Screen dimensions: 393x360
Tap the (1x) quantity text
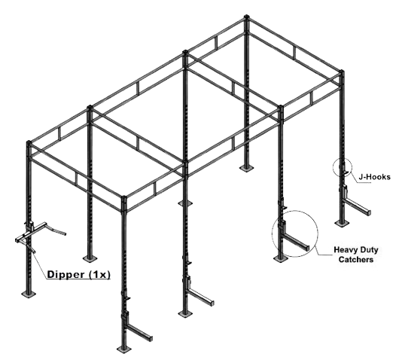(x=99, y=274)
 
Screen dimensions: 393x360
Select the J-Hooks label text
(x=374, y=177)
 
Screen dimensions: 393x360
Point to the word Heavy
(x=345, y=250)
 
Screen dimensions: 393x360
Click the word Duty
(x=368, y=250)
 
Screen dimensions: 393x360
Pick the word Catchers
(x=356, y=259)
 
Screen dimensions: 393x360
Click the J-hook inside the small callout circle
(x=344, y=169)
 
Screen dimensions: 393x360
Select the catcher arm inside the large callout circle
(x=296, y=243)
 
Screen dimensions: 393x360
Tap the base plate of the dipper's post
(x=29, y=294)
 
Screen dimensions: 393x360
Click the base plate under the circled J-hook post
(x=342, y=223)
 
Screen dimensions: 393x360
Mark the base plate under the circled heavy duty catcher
(x=281, y=258)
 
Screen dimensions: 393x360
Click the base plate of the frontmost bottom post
(x=123, y=349)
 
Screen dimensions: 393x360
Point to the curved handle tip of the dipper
(x=65, y=233)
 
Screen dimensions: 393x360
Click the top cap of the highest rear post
(x=246, y=17)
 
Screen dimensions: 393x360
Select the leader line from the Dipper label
(x=39, y=261)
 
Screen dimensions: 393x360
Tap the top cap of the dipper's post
(x=29, y=142)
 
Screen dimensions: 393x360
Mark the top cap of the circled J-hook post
(x=342, y=72)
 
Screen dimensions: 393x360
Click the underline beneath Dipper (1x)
(x=78, y=279)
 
